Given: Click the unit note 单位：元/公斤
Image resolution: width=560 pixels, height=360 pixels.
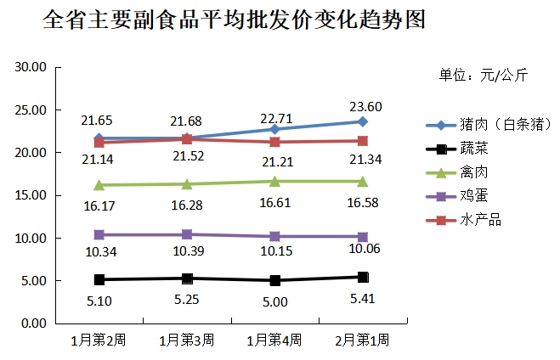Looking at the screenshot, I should [483, 76].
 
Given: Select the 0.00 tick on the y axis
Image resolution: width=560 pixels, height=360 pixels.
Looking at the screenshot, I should [32, 323].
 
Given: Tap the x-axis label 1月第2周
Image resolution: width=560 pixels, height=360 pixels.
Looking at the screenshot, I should [98, 340].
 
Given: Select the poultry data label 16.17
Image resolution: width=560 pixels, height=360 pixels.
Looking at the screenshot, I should [99, 205].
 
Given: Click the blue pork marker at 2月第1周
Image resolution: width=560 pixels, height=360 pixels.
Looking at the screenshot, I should [363, 122].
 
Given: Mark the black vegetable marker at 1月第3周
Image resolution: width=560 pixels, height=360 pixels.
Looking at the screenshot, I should [187, 278].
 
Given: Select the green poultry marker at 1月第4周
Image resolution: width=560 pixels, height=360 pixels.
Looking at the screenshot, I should [274, 182].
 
